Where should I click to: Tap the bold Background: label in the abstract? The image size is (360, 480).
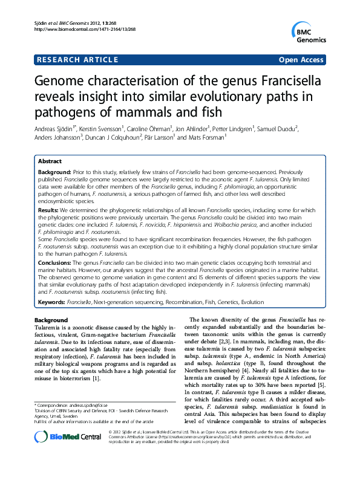[55, 173]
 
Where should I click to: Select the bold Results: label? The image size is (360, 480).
[50, 211]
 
